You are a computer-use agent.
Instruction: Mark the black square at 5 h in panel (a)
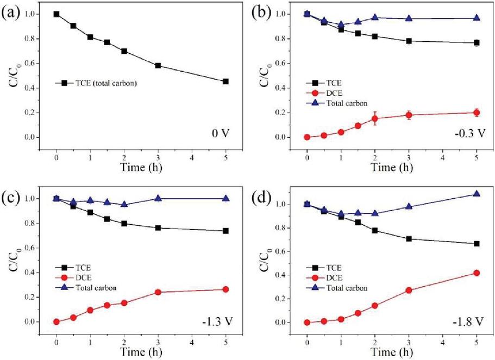point(225,81)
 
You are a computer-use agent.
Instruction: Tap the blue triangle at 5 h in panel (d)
point(477,194)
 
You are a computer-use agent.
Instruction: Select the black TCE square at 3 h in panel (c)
point(158,228)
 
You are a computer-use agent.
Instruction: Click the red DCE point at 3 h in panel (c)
point(158,292)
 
